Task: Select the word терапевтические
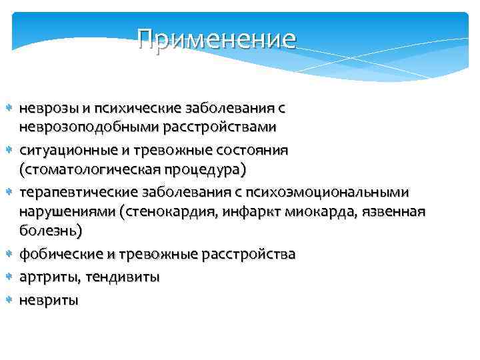coord(78,193)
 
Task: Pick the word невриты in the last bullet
coord(49,300)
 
